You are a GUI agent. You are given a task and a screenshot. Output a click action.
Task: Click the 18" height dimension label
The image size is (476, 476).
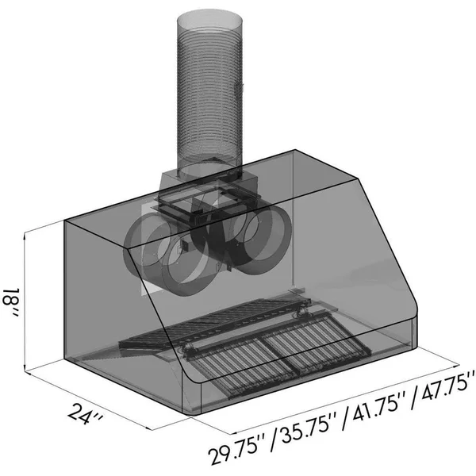click(x=11, y=303)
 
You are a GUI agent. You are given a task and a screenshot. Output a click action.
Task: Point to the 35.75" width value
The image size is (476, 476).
click(x=306, y=428)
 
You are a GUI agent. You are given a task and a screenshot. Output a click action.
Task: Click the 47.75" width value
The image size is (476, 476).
click(x=443, y=388)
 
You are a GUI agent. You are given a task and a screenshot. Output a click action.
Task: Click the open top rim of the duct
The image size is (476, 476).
click(x=209, y=19)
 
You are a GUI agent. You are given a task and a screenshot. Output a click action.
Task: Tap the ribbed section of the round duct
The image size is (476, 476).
click(x=209, y=91)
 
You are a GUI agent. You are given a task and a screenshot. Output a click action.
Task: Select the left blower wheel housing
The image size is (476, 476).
click(x=164, y=255)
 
